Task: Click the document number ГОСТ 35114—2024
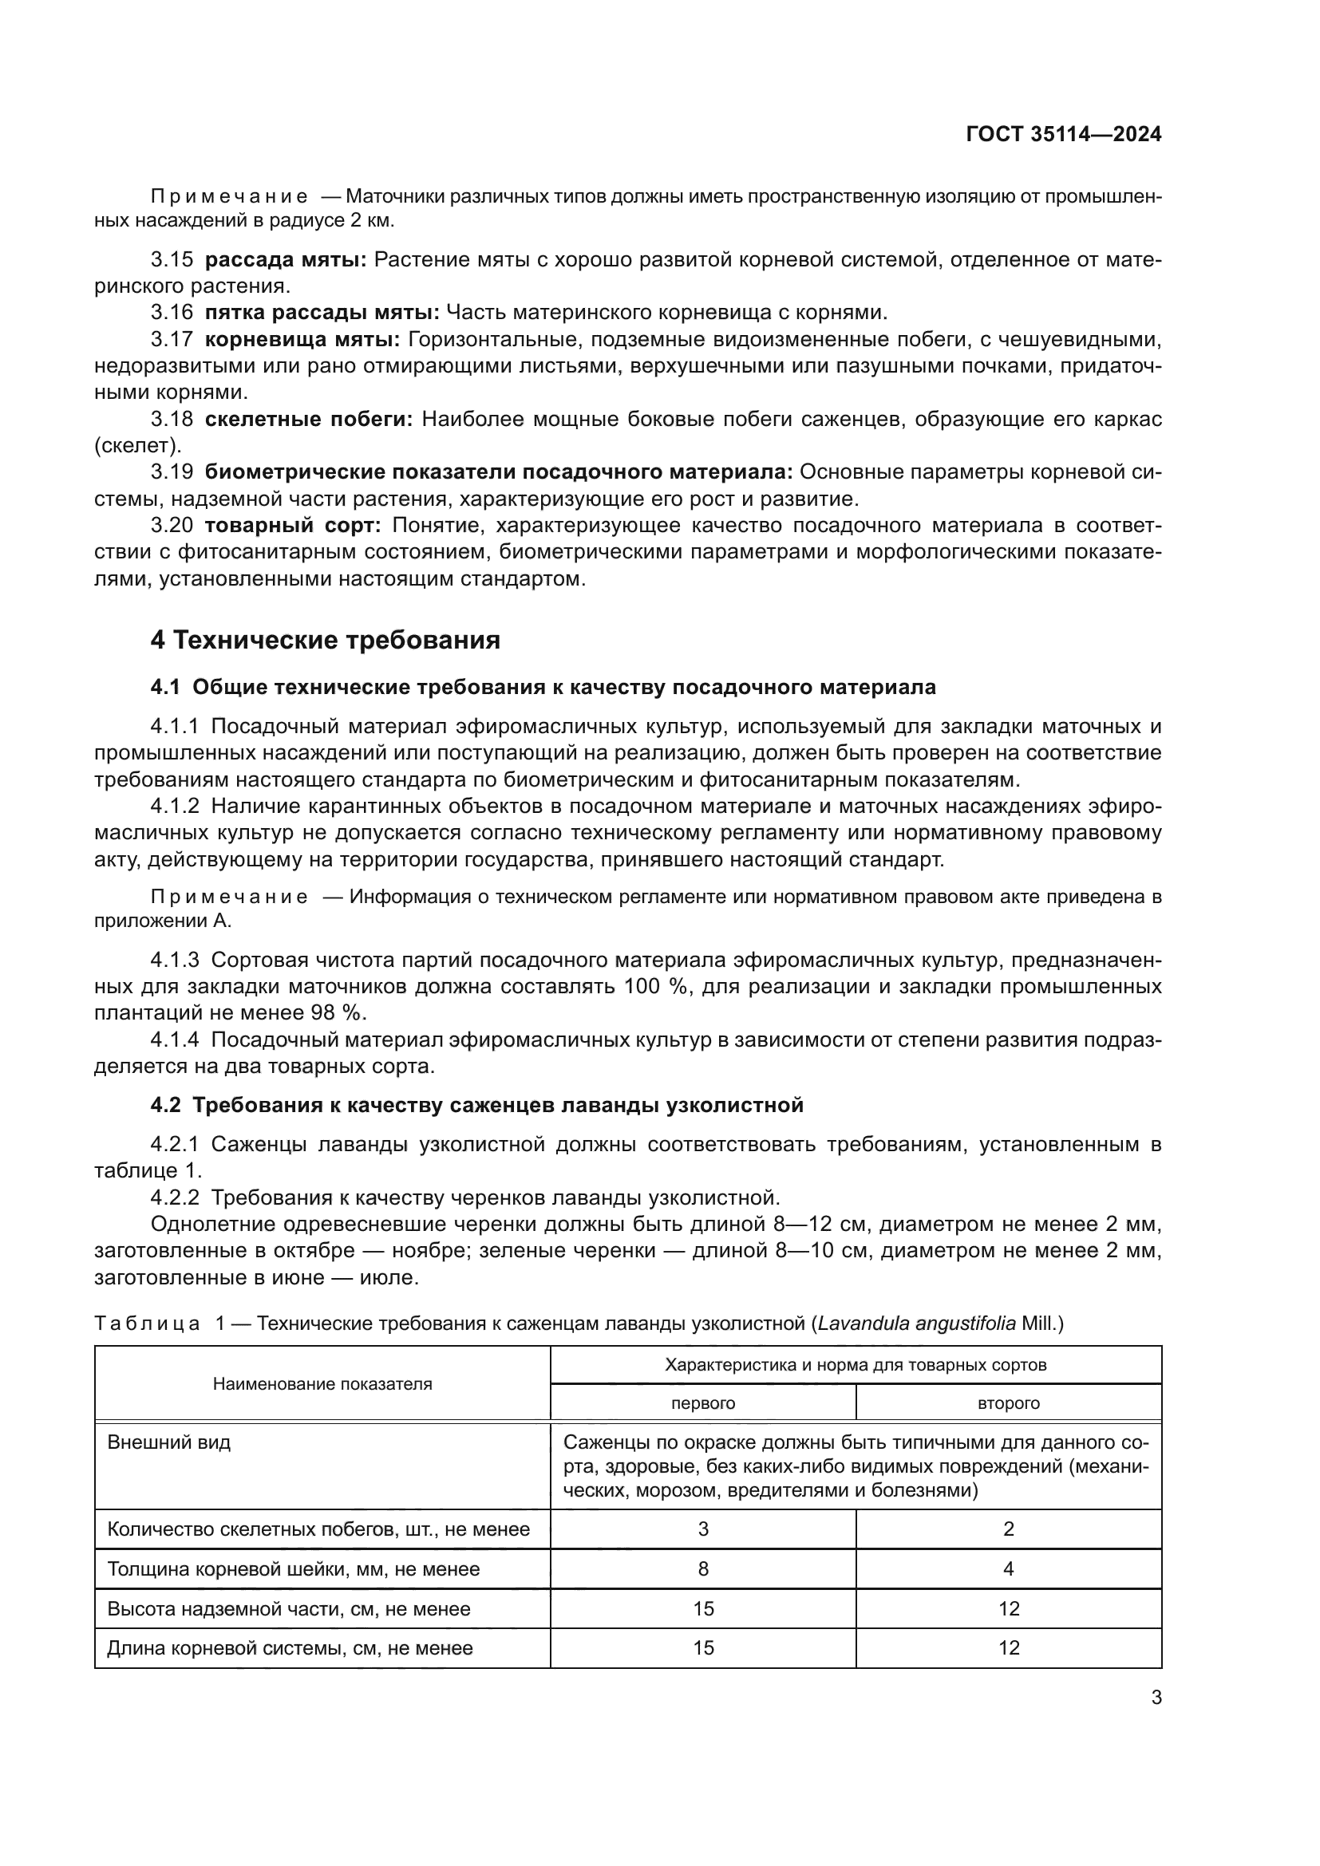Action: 1063,135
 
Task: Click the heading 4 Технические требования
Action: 325,641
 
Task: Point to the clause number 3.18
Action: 172,420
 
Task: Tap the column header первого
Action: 702,1402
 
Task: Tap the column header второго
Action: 1008,1402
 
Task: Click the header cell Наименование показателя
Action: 322,1384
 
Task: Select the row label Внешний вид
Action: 169,1442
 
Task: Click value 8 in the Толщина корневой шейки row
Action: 702,1568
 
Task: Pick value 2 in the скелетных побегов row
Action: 1008,1529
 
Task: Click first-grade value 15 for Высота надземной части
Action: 702,1608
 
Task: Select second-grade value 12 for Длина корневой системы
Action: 1008,1647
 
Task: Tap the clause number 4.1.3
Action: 174,961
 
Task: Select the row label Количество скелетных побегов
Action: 318,1529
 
